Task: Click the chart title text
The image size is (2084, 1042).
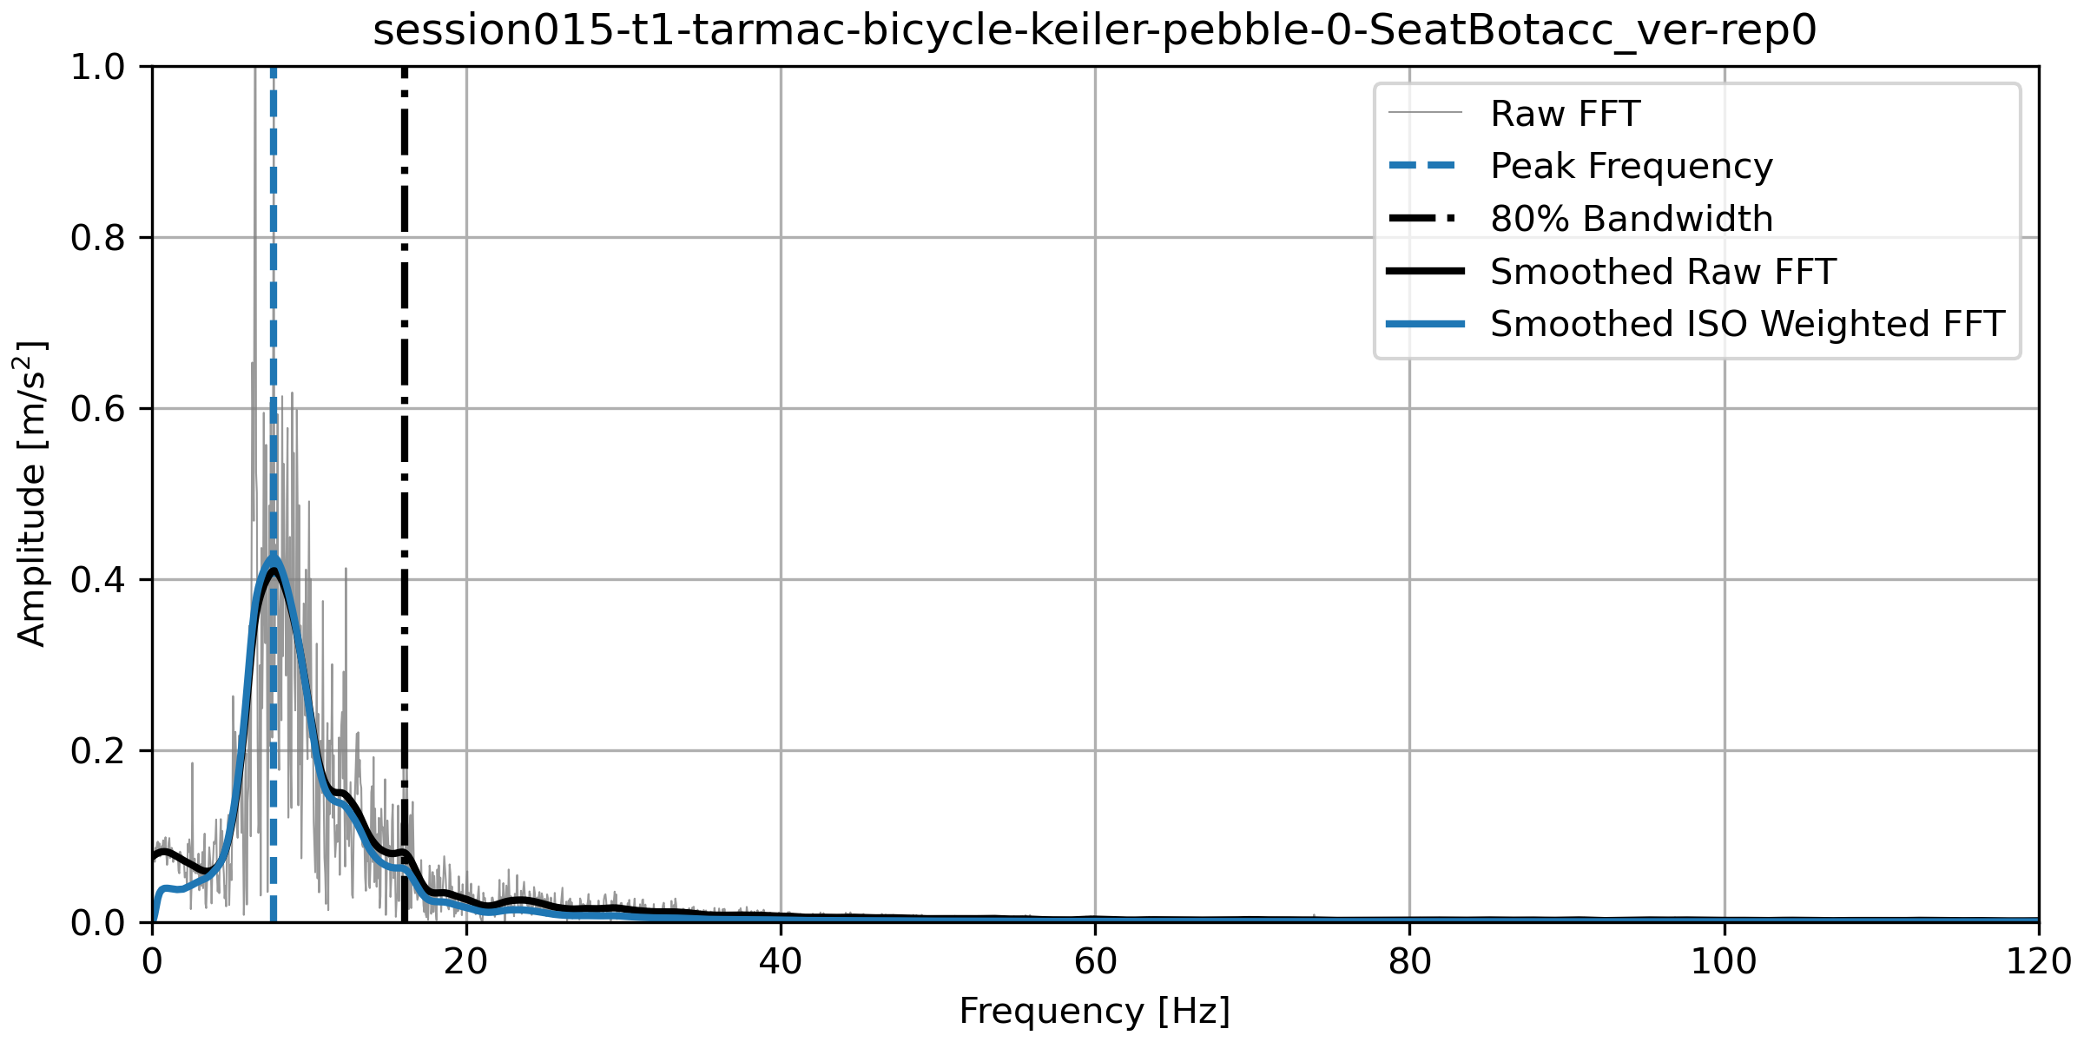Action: pos(1094,31)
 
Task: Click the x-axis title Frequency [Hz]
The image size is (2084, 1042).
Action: pos(1094,1012)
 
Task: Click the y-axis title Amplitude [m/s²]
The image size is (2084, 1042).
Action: pos(32,493)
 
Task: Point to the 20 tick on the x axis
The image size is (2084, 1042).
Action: pos(466,962)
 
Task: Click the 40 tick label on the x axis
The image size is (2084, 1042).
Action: pos(781,962)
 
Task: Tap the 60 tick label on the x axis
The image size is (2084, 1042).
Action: pos(1095,962)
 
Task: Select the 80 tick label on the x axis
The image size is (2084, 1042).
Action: pos(1409,962)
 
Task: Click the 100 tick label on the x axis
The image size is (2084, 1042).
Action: pos(1724,962)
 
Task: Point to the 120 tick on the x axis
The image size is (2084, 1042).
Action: pos(2037,962)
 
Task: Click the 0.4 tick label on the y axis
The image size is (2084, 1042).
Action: pos(99,580)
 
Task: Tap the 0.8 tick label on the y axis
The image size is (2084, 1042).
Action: pos(99,238)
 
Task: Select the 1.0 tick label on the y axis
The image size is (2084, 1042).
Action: pos(99,67)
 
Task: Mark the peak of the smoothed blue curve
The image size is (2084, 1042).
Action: pos(273,560)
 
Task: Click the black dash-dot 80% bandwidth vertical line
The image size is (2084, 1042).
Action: pos(405,434)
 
